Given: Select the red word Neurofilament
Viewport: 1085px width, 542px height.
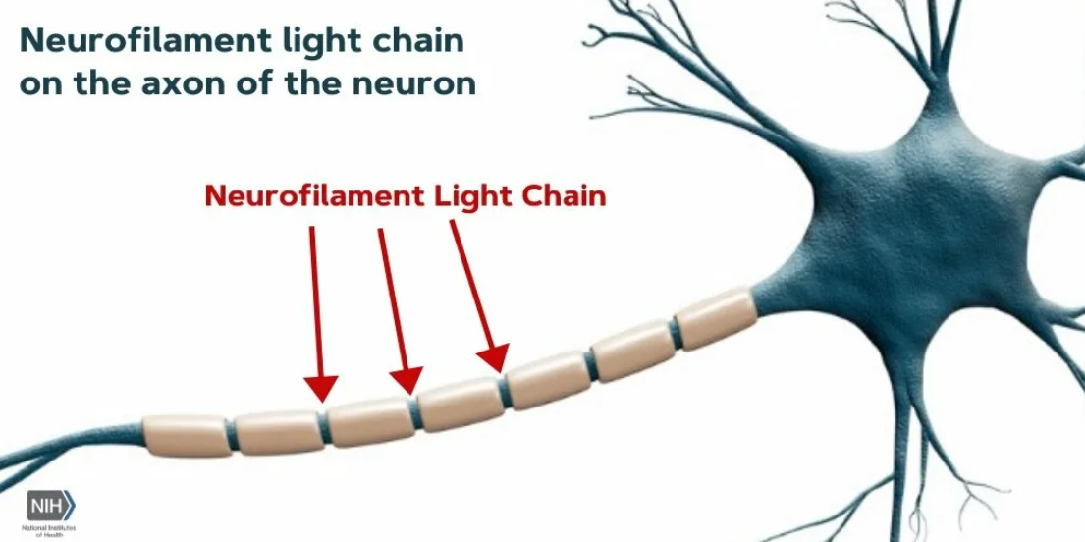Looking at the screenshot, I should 315,195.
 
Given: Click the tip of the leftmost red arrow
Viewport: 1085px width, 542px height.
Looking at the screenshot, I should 321,398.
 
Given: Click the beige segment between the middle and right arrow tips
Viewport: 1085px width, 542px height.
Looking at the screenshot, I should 460,402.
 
